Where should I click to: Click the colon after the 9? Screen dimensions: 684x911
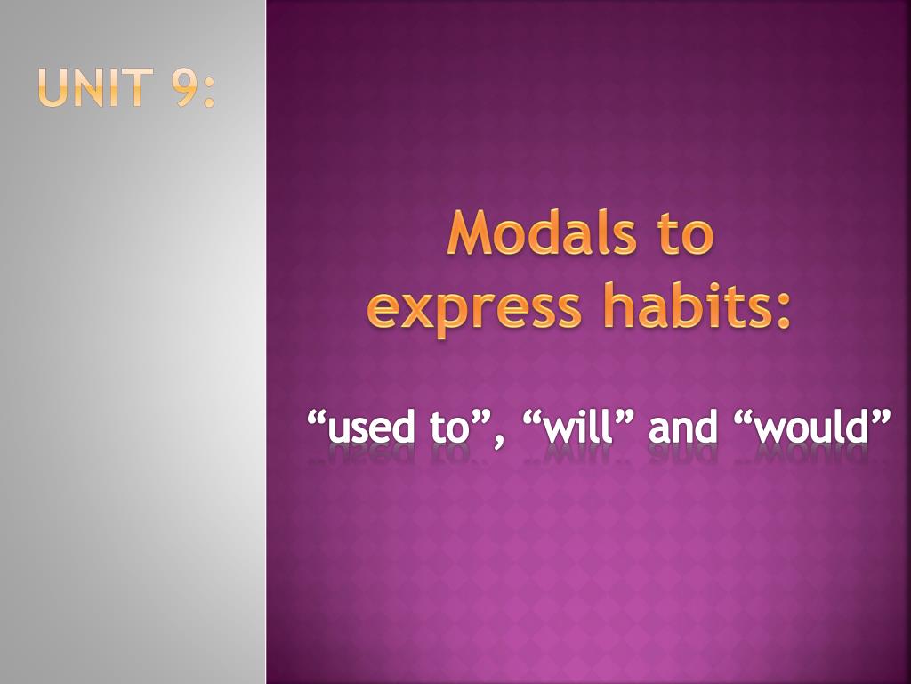coord(209,91)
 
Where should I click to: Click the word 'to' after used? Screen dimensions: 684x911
coord(448,428)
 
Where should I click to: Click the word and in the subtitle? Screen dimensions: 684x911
coord(683,428)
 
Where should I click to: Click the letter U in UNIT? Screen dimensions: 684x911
coord(53,89)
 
